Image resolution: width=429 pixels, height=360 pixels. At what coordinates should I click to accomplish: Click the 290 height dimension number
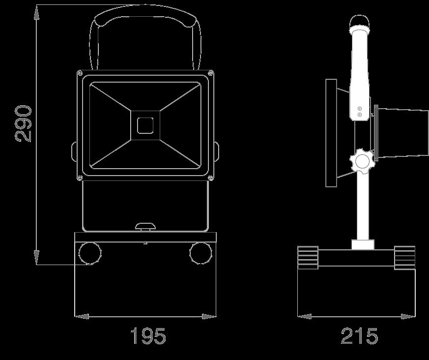(23, 123)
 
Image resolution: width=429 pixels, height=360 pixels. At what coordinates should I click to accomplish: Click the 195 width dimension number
(148, 336)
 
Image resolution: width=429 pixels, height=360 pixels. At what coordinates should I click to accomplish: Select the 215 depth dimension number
(359, 336)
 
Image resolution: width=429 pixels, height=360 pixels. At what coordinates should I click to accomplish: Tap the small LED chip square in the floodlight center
(145, 126)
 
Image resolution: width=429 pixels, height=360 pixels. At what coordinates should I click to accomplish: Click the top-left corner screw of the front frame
(80, 73)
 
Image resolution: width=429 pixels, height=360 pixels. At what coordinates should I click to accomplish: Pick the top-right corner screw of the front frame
(211, 73)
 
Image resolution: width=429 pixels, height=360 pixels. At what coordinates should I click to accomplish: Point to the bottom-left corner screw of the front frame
(80, 178)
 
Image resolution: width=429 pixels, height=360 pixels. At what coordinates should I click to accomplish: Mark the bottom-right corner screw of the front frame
(211, 178)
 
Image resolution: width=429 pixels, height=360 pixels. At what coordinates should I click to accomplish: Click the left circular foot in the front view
(90, 253)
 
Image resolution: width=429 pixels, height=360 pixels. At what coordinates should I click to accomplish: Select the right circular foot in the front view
(201, 253)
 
